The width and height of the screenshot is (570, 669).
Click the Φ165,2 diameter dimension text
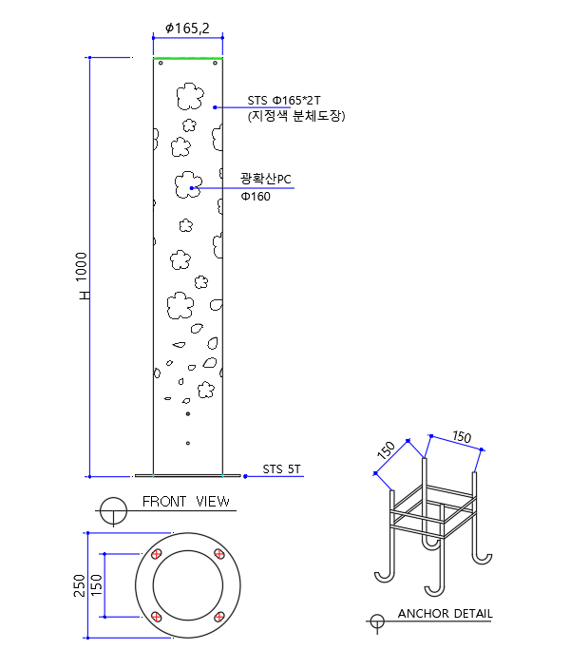click(187, 29)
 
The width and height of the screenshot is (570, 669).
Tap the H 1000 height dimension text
click(83, 277)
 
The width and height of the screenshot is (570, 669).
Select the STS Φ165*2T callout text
click(284, 100)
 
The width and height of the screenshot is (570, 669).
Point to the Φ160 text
click(256, 197)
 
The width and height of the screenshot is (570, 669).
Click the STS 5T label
click(282, 468)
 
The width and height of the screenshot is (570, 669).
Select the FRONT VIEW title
click(185, 501)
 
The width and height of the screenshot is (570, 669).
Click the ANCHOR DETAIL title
click(445, 613)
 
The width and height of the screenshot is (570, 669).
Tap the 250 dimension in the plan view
click(79, 584)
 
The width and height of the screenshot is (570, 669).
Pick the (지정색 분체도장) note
click(295, 116)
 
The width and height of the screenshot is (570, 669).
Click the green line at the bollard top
click(187, 59)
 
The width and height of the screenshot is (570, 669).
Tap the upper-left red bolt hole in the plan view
click(157, 554)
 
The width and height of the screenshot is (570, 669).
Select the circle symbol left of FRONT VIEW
click(113, 508)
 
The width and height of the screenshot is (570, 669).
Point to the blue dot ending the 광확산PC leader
click(193, 188)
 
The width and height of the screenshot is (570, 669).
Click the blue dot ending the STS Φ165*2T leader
click(216, 107)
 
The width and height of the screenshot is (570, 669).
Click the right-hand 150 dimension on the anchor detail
click(462, 436)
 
